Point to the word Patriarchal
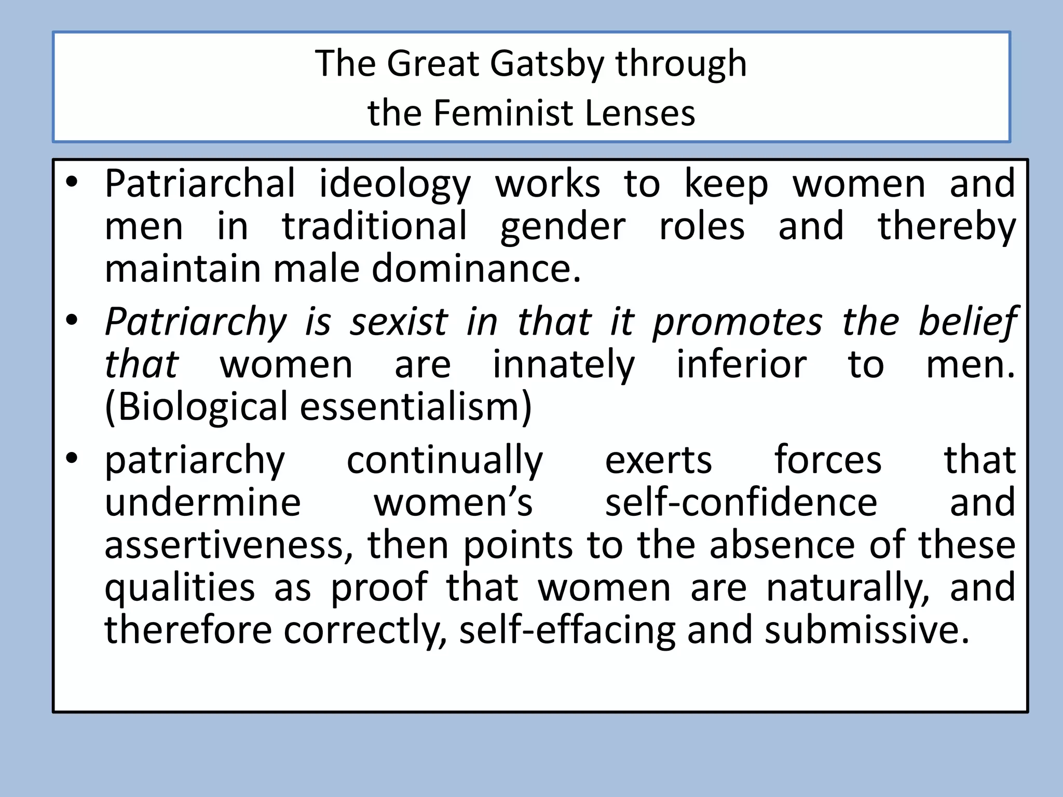(x=200, y=184)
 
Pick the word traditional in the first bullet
(x=374, y=227)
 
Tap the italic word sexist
(x=398, y=322)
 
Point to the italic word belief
(x=966, y=322)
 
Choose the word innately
(x=563, y=365)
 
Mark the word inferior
(x=741, y=364)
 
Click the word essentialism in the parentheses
(x=416, y=407)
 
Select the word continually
(x=444, y=461)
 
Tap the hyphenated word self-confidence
(x=741, y=502)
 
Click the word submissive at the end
(x=866, y=630)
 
